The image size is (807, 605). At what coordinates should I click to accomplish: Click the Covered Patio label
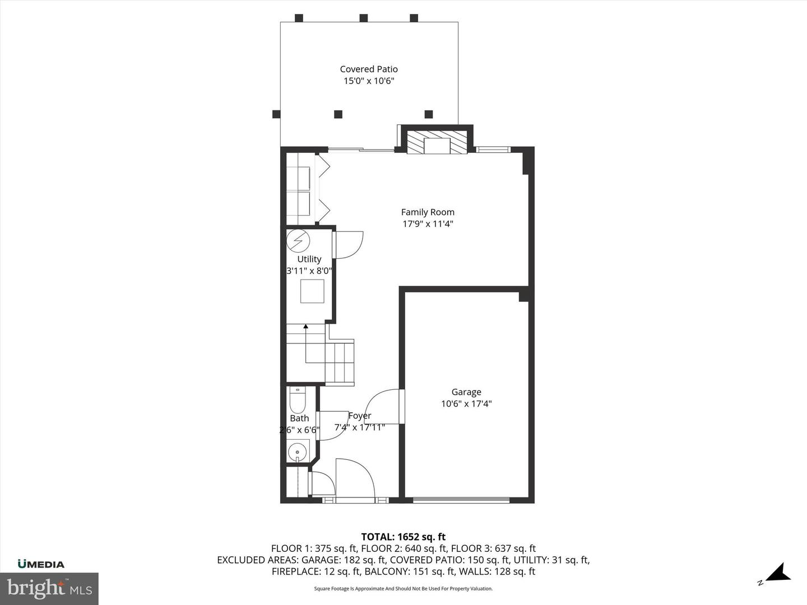tap(369, 69)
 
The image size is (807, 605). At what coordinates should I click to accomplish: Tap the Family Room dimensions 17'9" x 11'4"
tap(428, 224)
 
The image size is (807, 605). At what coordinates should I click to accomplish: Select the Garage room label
tap(466, 392)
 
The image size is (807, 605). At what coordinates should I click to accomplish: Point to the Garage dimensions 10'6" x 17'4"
tap(466, 404)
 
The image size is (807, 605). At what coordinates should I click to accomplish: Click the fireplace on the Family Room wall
tap(437, 143)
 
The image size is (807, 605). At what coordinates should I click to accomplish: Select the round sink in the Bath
tap(298, 451)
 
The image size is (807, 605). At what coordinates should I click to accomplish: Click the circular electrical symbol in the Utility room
tap(298, 240)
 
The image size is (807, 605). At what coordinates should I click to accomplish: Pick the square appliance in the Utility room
tap(312, 291)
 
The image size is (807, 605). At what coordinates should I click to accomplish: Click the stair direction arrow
tap(305, 326)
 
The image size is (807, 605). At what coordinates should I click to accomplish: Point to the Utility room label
tap(309, 259)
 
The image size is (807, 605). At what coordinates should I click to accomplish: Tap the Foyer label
tap(359, 416)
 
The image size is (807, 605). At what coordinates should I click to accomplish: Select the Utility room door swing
tap(349, 245)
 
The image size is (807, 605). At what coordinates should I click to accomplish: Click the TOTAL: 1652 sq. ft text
tap(403, 537)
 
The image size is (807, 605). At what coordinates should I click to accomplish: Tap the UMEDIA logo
tap(41, 564)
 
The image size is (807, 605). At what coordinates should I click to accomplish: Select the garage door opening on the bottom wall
tap(461, 499)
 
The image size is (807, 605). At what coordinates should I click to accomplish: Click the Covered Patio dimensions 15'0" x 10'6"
tap(369, 81)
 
